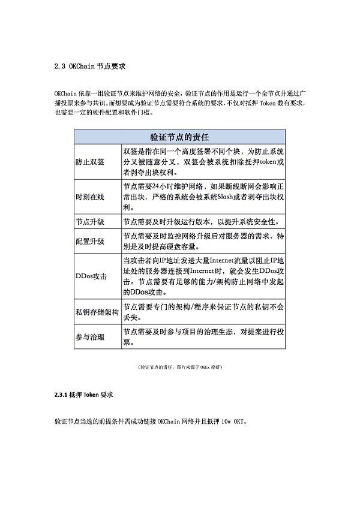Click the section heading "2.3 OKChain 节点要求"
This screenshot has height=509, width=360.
[x=89, y=65]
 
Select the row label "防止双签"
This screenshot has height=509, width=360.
[x=90, y=162]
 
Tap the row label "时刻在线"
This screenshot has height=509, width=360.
[x=90, y=197]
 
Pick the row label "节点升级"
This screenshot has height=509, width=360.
[x=90, y=222]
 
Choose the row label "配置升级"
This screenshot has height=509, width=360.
[x=90, y=241]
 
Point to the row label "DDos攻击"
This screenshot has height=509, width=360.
[x=91, y=276]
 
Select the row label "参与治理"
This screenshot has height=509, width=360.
[x=90, y=337]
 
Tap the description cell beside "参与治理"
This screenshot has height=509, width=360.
[x=202, y=337]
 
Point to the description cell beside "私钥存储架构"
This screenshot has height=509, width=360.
[x=202, y=312]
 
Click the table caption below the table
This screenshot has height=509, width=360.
[x=179, y=366]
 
